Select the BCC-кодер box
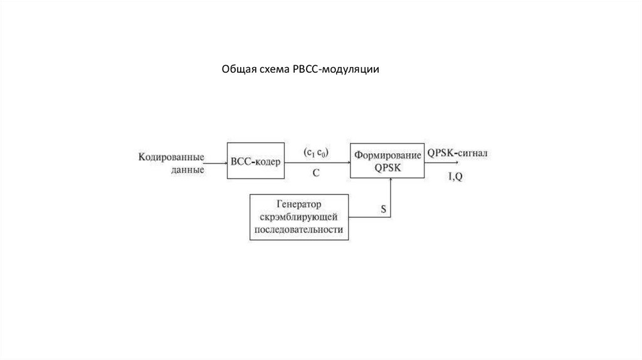point(256,161)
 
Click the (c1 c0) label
point(317,152)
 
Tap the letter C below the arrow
point(317,172)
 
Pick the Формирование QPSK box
point(387,160)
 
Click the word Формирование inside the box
point(387,154)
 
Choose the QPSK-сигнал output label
point(458,152)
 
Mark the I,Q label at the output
point(456,177)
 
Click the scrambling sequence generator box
point(299,217)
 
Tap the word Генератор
point(299,204)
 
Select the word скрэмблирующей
point(299,217)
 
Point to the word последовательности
point(299,230)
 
